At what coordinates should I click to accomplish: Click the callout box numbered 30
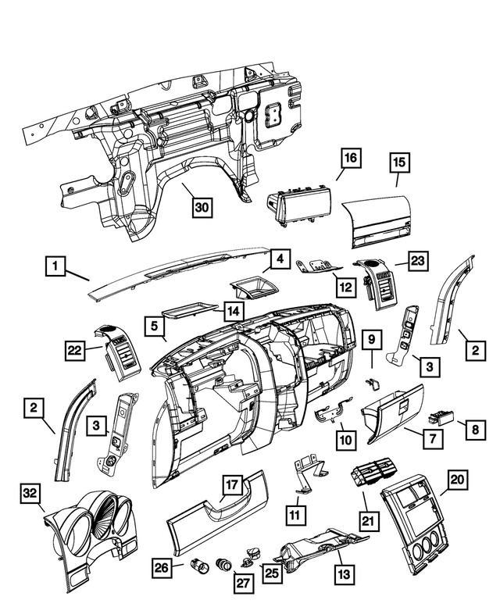tap(203, 207)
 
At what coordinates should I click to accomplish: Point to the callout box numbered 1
tap(55, 267)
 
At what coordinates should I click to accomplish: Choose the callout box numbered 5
tap(155, 323)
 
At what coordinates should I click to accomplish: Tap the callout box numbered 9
tap(372, 339)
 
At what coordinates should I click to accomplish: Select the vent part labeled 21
tap(374, 474)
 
